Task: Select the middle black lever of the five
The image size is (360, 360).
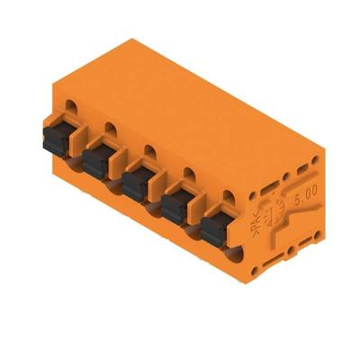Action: (135, 184)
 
